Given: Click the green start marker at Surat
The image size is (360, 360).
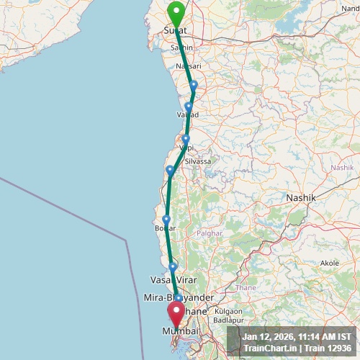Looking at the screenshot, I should (175, 13).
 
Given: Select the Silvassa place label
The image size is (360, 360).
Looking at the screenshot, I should (198, 161).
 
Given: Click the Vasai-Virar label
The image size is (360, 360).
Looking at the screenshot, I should (173, 279).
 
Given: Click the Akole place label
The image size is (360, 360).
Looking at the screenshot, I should (329, 263).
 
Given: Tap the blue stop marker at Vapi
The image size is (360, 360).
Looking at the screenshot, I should (186, 139).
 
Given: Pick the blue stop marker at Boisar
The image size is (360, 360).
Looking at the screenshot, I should (166, 220).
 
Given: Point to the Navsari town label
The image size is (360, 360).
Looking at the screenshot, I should (189, 66).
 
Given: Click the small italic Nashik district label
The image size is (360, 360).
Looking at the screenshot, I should (341, 167).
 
